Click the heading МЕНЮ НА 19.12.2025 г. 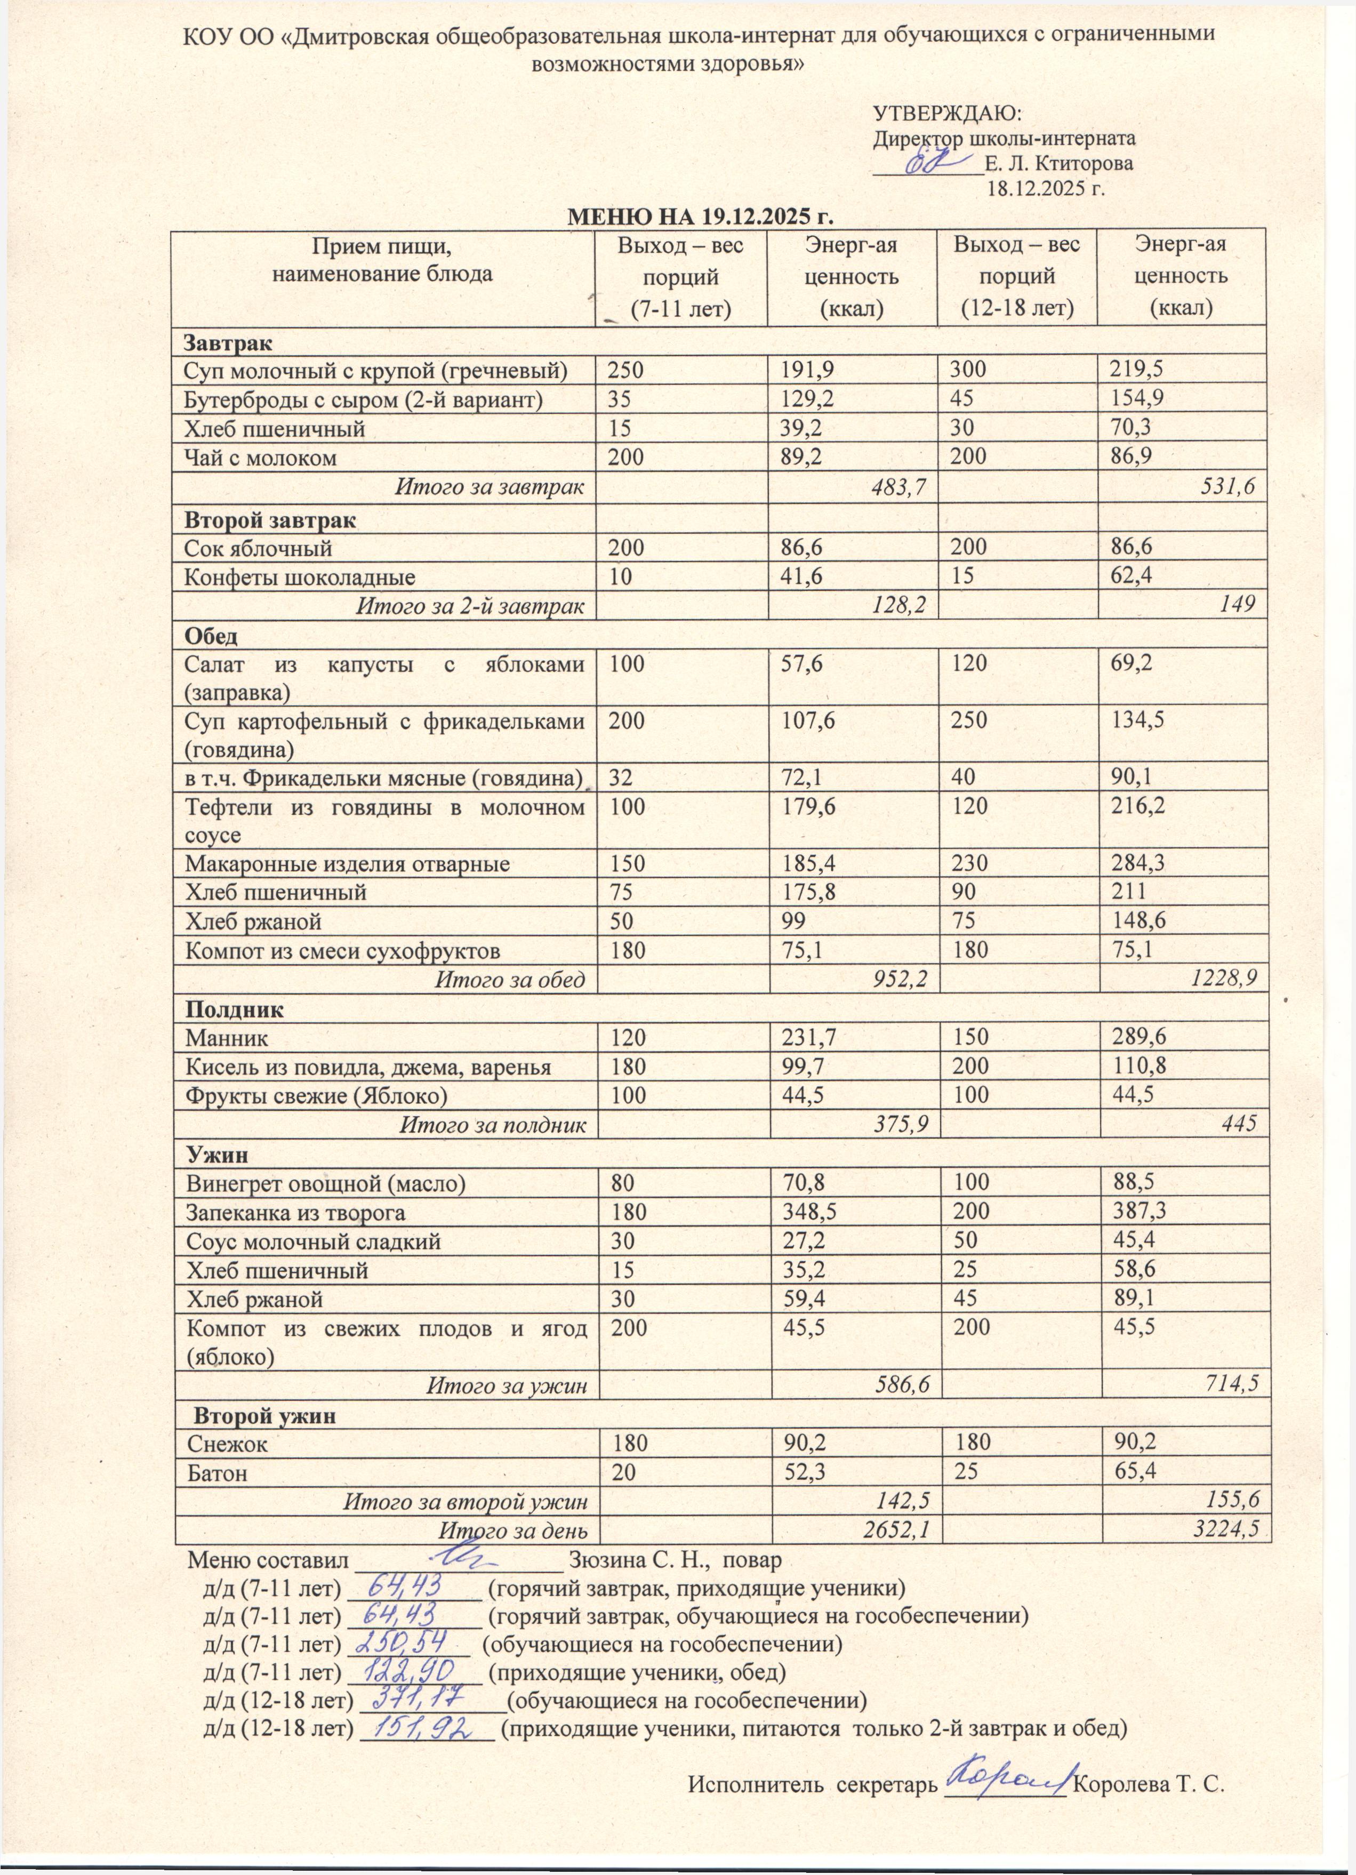699,217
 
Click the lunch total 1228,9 1224,980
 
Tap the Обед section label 211,637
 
